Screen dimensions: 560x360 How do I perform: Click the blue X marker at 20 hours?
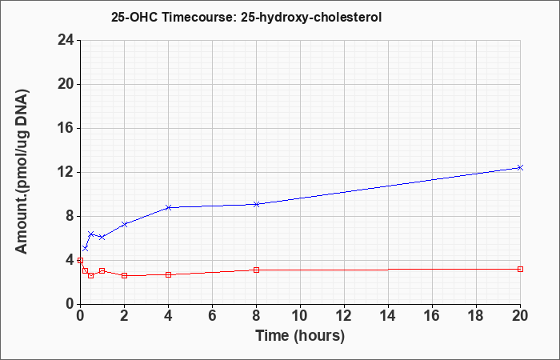(520, 167)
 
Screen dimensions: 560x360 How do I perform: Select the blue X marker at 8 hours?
(256, 204)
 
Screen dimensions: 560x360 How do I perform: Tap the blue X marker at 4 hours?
(168, 207)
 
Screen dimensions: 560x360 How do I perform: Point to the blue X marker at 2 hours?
(124, 224)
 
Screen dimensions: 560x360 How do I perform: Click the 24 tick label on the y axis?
(66, 40)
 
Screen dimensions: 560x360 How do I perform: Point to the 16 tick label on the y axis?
(66, 128)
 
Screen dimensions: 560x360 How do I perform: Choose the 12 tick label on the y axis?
(66, 172)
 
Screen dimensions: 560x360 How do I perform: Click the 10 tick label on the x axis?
(300, 315)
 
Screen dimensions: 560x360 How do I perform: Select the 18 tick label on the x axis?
(476, 315)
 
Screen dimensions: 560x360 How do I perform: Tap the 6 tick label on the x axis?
(212, 315)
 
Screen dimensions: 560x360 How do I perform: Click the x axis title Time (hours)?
(300, 336)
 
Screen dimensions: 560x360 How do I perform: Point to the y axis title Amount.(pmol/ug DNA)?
(22, 172)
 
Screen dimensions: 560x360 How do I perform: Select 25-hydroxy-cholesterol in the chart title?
(311, 18)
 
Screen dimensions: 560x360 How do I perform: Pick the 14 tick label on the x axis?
(388, 315)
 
